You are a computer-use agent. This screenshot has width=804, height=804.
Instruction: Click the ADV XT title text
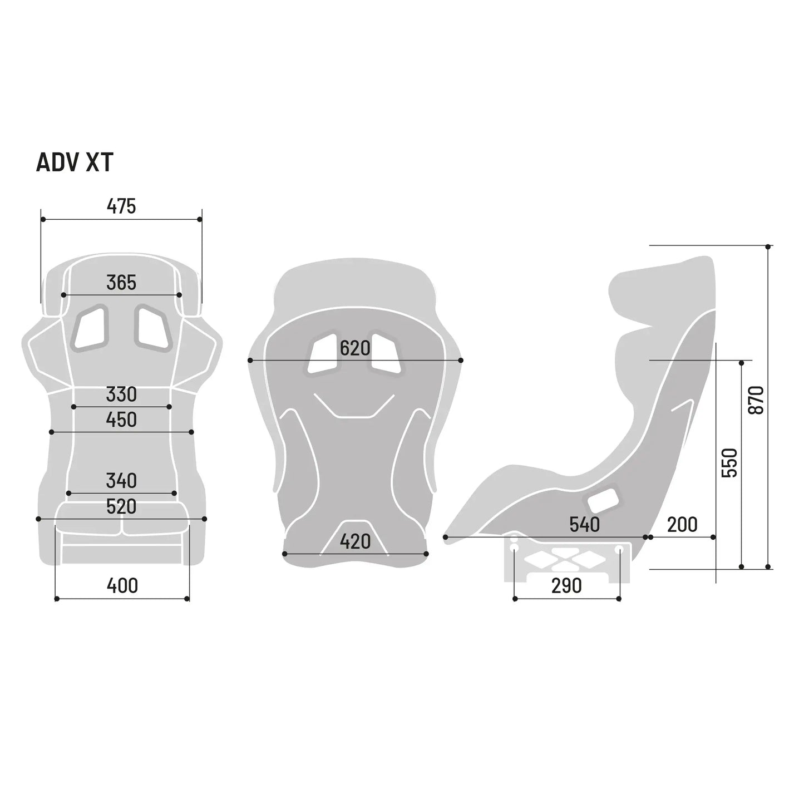tap(75, 162)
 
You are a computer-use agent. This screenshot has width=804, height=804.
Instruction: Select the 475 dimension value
tap(121, 206)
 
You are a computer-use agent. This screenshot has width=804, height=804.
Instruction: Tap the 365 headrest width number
tap(121, 283)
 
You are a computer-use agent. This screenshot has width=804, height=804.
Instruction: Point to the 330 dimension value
tap(121, 394)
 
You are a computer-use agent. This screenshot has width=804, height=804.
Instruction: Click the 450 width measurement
tap(121, 420)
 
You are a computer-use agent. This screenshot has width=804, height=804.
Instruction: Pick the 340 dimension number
tap(121, 481)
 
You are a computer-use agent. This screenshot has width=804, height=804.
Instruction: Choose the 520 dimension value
tap(121, 507)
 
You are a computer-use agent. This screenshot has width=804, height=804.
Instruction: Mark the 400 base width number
tap(122, 586)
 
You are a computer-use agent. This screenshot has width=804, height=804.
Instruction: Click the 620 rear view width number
tap(355, 349)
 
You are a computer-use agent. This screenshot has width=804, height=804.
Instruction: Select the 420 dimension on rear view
tap(355, 541)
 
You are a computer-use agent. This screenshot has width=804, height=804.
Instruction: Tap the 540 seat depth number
tap(584, 525)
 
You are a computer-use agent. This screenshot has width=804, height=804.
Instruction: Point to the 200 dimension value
tap(682, 525)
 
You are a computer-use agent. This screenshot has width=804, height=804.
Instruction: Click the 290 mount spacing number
tap(566, 586)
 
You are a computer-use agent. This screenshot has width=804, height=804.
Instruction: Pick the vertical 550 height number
tap(729, 462)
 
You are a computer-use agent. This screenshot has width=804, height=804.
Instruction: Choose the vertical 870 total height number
tap(757, 399)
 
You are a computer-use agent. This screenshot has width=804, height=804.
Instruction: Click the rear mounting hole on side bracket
tap(618, 549)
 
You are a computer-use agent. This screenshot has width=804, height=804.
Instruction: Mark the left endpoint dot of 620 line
tap(250, 361)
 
